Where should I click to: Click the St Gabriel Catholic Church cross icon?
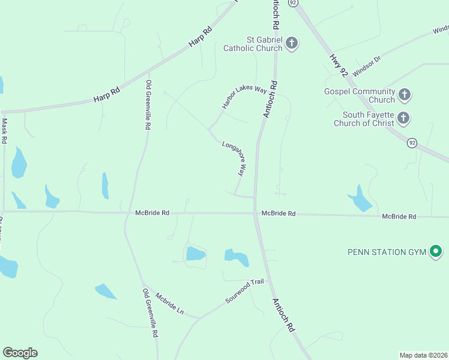(x=292, y=43)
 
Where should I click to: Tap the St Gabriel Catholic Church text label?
(x=253, y=43)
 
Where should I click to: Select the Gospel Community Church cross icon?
(x=405, y=95)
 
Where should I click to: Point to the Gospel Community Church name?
(x=359, y=95)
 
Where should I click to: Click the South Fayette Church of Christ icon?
(x=403, y=118)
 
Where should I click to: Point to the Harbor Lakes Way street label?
(x=244, y=97)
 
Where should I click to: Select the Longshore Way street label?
(x=234, y=158)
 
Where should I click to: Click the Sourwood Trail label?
(x=245, y=292)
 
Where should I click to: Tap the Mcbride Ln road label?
(x=169, y=304)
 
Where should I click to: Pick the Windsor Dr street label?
(x=367, y=67)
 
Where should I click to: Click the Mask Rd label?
(x=4, y=130)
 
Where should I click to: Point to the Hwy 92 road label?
(x=338, y=65)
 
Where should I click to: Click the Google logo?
(x=20, y=353)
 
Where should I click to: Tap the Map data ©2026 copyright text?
(x=423, y=355)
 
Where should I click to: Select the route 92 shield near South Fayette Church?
(x=412, y=143)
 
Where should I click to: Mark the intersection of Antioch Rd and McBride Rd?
(x=256, y=213)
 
